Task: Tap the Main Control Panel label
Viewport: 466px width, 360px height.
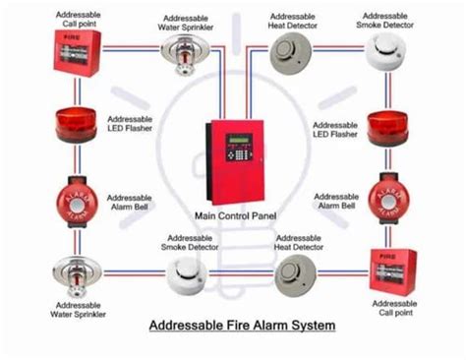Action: (234, 215)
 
